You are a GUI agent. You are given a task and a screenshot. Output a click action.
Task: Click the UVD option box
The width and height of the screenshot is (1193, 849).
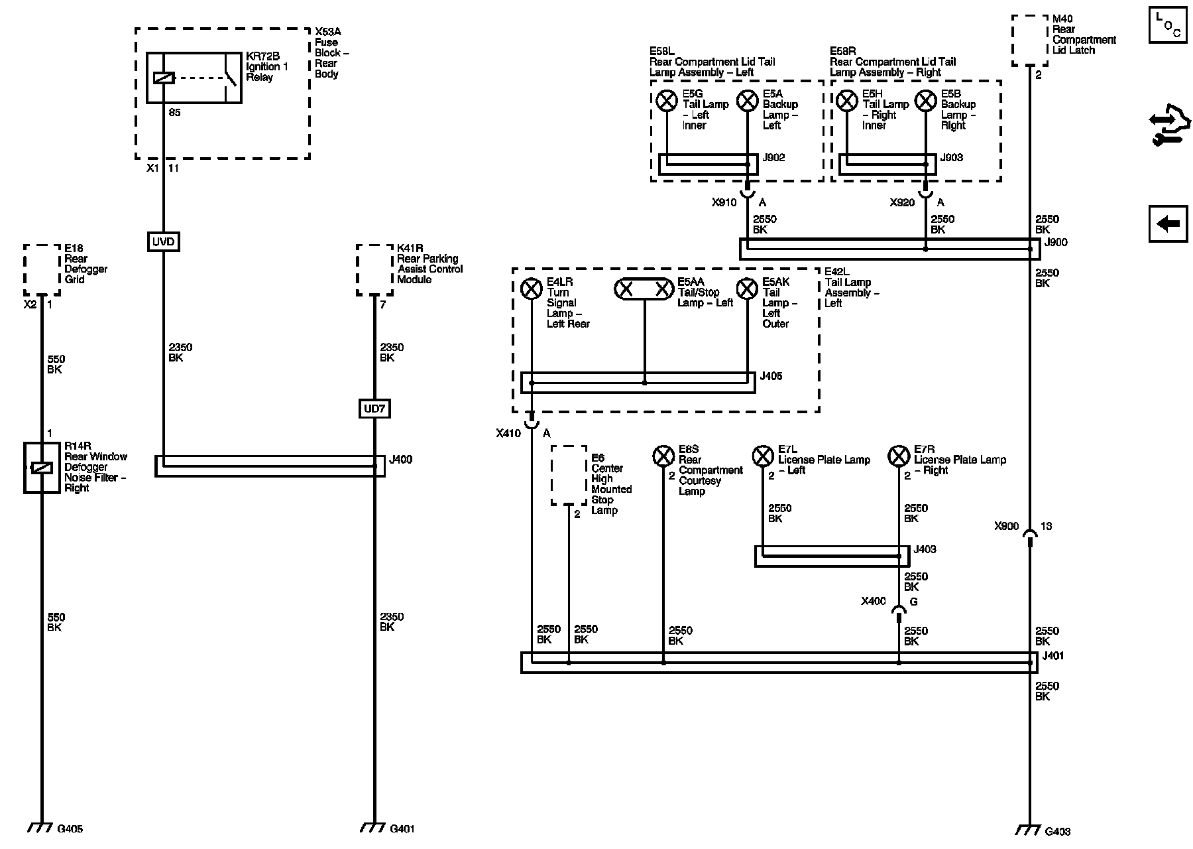coord(163,241)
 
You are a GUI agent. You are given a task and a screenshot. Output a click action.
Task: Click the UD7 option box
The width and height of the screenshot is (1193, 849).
coord(374,409)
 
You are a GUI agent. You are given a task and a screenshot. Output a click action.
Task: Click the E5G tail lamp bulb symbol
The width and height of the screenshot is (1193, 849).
coord(666,101)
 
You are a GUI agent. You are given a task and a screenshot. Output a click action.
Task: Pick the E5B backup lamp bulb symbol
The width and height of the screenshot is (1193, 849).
coord(926,101)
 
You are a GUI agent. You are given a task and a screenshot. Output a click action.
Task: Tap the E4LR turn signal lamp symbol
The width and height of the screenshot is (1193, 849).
coord(531,289)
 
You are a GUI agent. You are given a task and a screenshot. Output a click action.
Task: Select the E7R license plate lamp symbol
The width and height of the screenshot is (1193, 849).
coord(899,456)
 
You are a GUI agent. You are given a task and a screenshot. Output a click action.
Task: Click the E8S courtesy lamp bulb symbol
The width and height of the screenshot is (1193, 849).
coord(663,456)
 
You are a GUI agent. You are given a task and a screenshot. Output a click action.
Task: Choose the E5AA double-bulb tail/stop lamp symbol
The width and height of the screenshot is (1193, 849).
coord(644,289)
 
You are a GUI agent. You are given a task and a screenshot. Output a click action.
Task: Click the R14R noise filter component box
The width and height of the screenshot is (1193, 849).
coord(42,468)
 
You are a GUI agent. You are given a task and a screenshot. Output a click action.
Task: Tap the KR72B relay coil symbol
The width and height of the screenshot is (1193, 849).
coord(164,78)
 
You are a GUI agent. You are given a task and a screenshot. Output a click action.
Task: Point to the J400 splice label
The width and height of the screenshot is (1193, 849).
coord(401,459)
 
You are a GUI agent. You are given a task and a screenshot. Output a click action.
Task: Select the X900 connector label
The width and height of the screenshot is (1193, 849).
coord(1006,526)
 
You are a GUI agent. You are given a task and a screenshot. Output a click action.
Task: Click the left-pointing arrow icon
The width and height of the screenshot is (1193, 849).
coord(1168,224)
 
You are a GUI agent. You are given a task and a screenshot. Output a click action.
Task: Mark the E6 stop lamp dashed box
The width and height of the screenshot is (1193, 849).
coord(569,476)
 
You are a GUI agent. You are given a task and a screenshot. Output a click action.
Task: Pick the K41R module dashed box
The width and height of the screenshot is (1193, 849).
coord(374,270)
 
